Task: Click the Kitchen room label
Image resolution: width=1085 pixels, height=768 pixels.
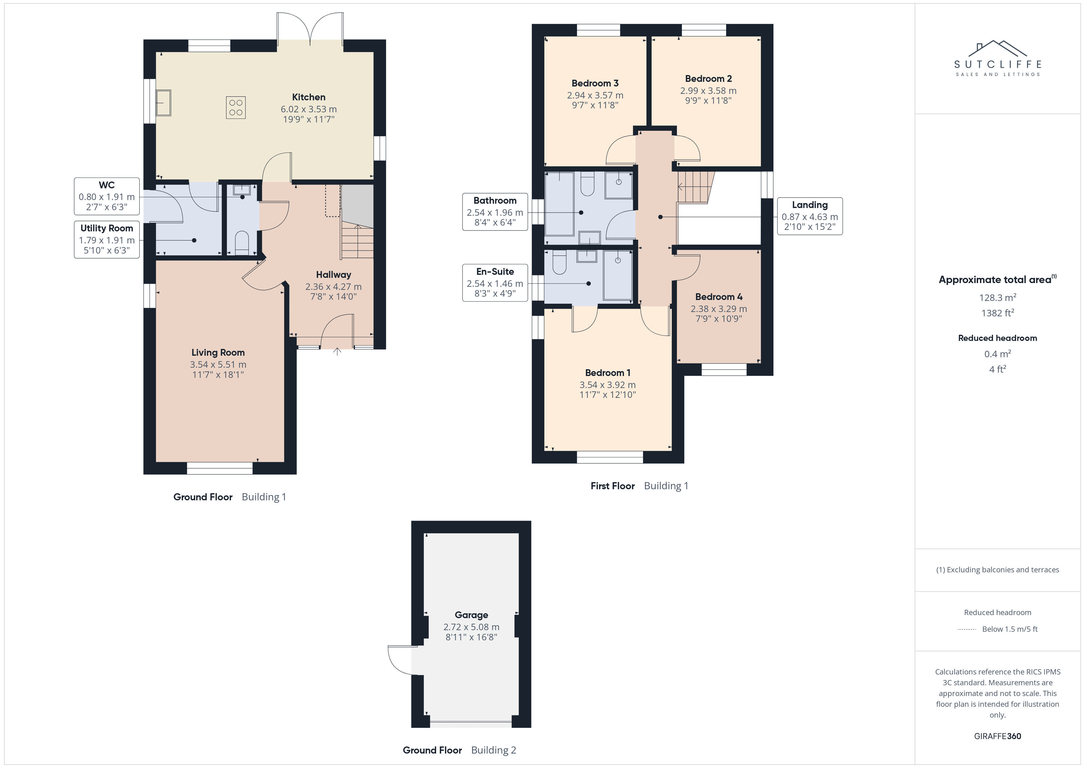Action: click(308, 97)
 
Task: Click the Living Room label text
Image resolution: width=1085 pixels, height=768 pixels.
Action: click(218, 352)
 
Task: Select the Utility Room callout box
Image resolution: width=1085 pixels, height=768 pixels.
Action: click(107, 239)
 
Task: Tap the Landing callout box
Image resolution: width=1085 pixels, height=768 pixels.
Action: click(809, 216)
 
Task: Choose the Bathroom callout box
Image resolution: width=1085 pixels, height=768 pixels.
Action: click(495, 212)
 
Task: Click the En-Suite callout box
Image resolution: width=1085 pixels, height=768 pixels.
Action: click(495, 283)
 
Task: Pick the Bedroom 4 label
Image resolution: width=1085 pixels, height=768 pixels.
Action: click(719, 297)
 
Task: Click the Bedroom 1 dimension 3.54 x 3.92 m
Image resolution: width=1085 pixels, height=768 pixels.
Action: click(607, 385)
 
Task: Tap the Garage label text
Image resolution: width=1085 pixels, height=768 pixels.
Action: click(471, 615)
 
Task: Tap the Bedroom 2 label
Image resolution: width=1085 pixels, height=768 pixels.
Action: click(708, 78)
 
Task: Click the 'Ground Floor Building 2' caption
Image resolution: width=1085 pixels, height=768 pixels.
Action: click(459, 750)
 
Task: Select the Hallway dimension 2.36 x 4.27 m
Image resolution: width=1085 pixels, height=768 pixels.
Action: click(333, 286)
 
